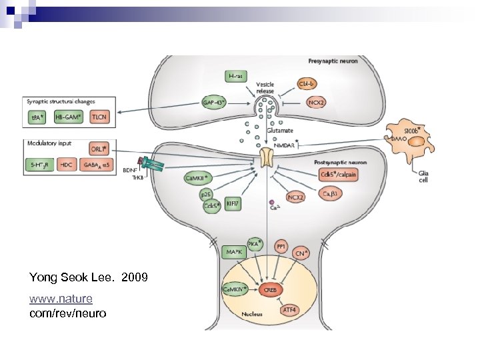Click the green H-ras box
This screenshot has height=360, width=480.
(x=235, y=77)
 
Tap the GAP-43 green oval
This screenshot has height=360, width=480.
(x=215, y=103)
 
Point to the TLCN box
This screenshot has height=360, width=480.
(x=102, y=117)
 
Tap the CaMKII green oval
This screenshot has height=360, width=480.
(x=198, y=178)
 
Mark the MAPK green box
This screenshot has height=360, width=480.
(x=233, y=253)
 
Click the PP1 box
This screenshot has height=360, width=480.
(x=281, y=247)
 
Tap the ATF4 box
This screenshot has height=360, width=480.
(x=289, y=310)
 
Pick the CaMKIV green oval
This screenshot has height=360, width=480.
(x=234, y=289)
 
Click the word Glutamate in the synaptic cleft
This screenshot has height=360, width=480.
(x=280, y=131)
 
